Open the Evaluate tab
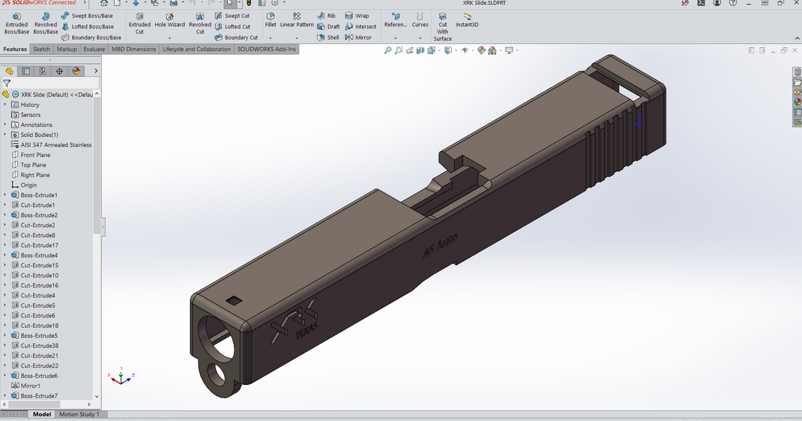pos(94,49)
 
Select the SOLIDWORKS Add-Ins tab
pos(267,49)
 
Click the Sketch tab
pos(41,49)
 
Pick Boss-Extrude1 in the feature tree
pos(39,195)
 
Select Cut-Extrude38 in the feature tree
pos(39,345)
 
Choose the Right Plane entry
pos(35,175)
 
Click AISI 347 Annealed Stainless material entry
pos(56,145)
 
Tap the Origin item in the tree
pos(29,185)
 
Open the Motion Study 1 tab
pos(79,414)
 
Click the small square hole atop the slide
pos(234,301)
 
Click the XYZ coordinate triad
pos(120,378)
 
